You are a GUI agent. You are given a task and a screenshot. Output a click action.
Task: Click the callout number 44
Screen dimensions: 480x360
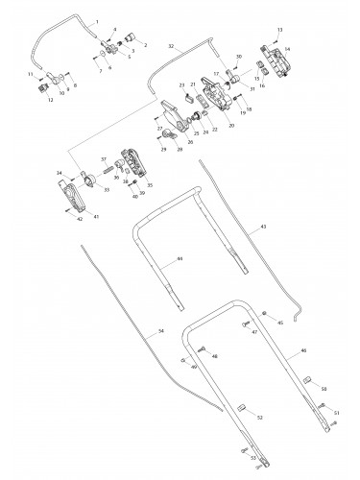pyautogui.click(x=179, y=260)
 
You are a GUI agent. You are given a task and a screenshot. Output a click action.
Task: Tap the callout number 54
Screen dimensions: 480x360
pyautogui.click(x=160, y=331)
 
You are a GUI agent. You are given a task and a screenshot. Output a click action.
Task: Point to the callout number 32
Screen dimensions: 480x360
pyautogui.click(x=170, y=45)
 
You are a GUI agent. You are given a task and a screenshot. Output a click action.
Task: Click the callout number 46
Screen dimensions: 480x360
pyautogui.click(x=303, y=353)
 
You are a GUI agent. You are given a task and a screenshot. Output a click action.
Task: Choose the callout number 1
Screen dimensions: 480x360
pyautogui.click(x=98, y=21)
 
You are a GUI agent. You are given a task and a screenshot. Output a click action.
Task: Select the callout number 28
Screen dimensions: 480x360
pyautogui.click(x=180, y=150)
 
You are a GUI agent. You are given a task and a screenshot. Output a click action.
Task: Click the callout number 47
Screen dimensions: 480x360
pyautogui.click(x=254, y=332)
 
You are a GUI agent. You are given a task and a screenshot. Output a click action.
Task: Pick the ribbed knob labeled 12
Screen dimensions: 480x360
pyautogui.click(x=42, y=86)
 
